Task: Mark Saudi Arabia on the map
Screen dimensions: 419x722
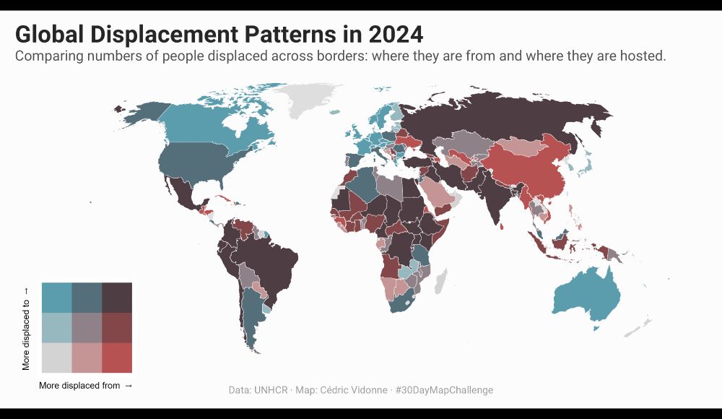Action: (437, 191)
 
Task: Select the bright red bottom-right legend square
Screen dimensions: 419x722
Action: (117, 358)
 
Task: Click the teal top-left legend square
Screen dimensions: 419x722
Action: (56, 297)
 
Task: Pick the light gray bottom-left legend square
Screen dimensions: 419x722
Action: (56, 358)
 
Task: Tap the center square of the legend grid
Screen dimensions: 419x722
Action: (87, 327)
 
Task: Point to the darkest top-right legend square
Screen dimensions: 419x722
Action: (117, 297)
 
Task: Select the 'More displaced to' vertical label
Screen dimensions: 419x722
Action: (27, 334)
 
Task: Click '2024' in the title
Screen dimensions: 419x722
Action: (394, 34)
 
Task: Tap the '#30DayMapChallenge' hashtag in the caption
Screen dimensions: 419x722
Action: (444, 390)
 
